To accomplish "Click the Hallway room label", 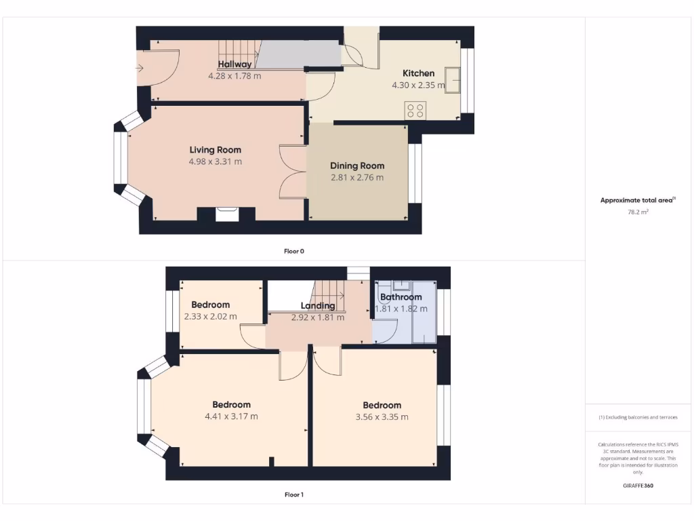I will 234,64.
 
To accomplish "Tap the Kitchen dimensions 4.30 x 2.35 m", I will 418,85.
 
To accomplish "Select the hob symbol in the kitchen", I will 415,111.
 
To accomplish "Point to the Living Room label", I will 215,150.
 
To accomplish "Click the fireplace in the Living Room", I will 226,214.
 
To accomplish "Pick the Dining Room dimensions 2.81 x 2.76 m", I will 356,178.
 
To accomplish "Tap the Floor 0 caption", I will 293,251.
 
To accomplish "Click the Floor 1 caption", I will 293,495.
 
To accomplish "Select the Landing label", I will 318,306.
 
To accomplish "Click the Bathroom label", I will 401,297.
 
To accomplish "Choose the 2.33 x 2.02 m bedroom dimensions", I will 210,316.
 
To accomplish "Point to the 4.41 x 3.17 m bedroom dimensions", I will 231,417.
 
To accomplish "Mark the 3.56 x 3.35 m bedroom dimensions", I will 382,417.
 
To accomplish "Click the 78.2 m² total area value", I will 638,212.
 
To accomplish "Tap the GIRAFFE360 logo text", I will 638,486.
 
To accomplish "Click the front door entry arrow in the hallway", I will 140,68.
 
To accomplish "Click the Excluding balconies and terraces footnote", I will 638,417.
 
